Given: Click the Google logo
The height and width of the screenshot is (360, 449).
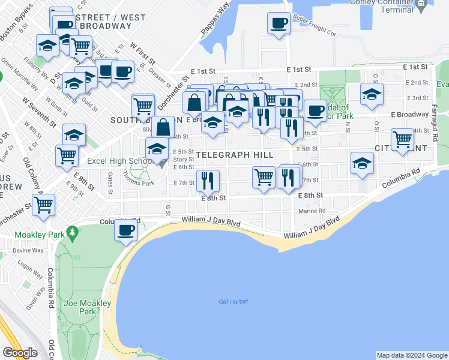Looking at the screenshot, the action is (20, 353).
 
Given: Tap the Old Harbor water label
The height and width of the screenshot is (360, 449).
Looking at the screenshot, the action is (234, 301).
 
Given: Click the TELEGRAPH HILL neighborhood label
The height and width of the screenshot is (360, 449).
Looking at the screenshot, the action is (235, 155).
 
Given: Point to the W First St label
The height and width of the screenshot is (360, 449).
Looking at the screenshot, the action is (142, 52).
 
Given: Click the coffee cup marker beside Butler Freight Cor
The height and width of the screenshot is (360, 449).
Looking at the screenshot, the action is (278, 24).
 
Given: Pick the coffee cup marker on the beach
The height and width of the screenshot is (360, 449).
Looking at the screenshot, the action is (125, 230).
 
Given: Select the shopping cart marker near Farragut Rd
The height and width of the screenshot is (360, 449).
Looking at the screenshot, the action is (402, 140).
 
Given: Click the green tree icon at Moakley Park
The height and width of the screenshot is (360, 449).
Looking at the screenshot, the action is (72, 231).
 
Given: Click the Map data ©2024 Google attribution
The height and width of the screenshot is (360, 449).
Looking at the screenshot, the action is (412, 355).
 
